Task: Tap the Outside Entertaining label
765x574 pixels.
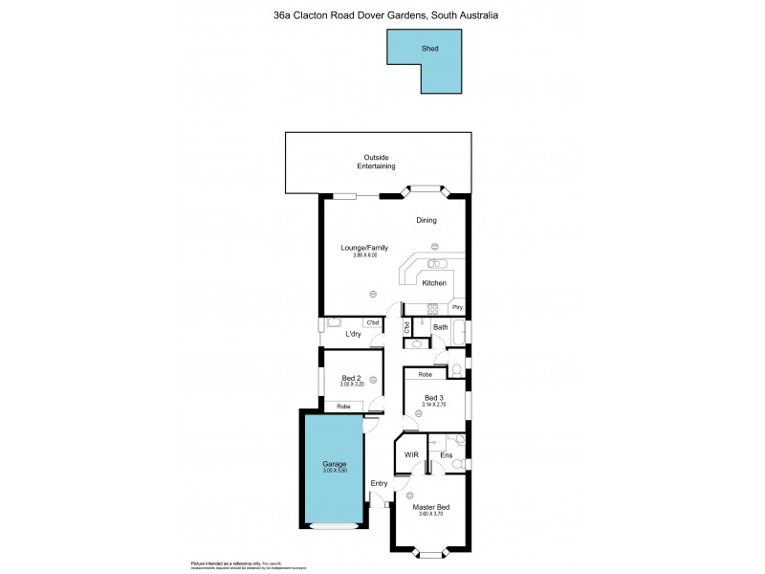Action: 378,162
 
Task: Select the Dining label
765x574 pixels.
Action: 426,220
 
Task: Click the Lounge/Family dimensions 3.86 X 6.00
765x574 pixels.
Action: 360,255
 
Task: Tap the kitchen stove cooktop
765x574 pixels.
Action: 432,308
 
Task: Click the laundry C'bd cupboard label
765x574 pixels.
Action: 372,321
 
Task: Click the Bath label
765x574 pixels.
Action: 440,328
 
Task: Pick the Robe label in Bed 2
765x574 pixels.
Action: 342,408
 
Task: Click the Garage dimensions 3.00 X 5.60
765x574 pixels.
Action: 334,471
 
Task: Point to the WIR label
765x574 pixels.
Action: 413,454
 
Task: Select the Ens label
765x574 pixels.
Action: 447,454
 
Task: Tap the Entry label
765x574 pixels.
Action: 379,483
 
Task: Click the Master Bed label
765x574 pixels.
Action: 431,507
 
